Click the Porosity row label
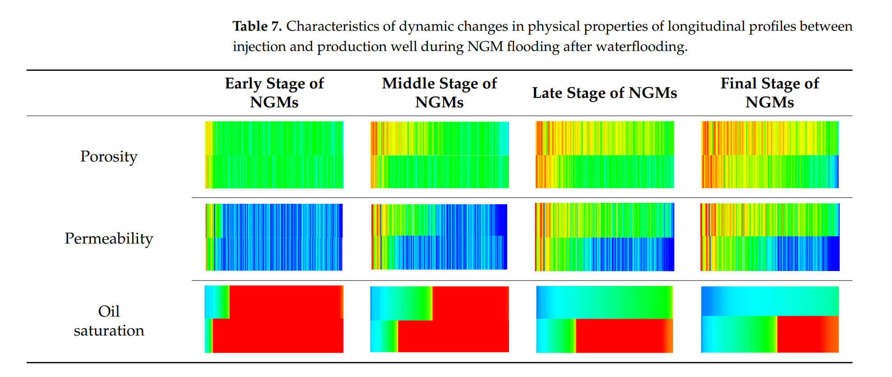(109, 156)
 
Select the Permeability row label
(109, 238)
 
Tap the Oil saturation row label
(109, 321)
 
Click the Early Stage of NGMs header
(274, 92)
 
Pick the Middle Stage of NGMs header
(439, 92)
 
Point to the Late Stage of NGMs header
(605, 93)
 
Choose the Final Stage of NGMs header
(770, 92)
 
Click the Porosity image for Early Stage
(274, 155)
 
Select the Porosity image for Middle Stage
(439, 155)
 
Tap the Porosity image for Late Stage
(605, 155)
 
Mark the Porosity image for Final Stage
(770, 155)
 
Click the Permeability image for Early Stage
(274, 237)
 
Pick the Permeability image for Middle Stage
(439, 237)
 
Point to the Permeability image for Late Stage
(605, 237)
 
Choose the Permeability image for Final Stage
(770, 237)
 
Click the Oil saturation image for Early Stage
(274, 319)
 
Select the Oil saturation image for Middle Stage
(439, 319)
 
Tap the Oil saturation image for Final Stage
(770, 319)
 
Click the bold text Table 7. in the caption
(257, 26)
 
